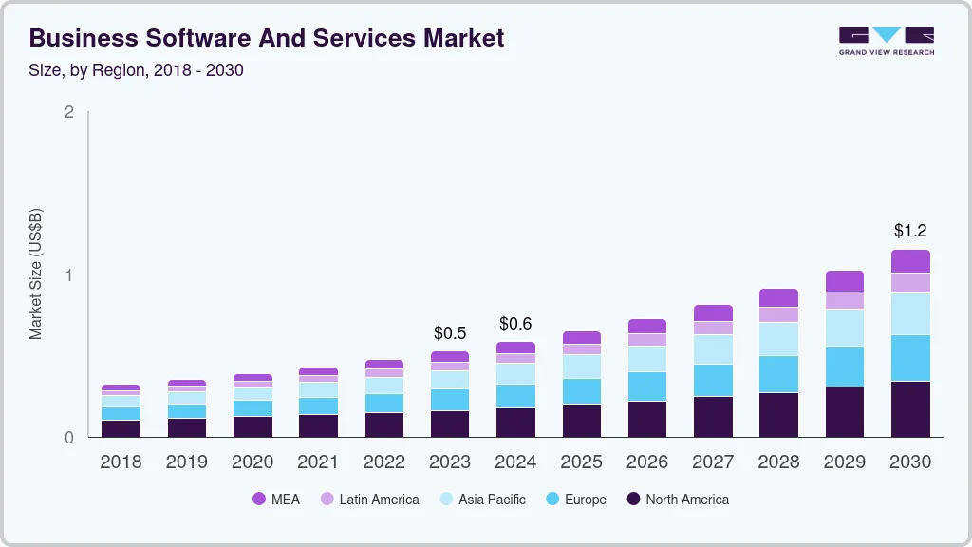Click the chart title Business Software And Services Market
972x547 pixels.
pos(267,38)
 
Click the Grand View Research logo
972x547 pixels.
pos(886,40)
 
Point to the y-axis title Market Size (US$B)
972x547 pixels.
pos(36,273)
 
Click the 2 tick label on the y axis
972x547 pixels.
pos(69,112)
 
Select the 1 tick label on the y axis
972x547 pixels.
pos(69,275)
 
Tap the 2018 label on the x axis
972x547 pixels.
pos(121,462)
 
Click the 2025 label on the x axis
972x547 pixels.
pos(581,462)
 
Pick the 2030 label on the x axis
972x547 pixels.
pos(910,462)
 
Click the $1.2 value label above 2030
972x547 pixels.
pos(910,231)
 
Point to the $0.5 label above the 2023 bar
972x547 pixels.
pos(450,333)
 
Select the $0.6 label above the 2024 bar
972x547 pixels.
pos(515,324)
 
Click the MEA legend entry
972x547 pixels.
pos(276,500)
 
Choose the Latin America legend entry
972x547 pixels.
pos(369,500)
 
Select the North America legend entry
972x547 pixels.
pos(678,500)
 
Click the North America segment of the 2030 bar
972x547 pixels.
pos(910,409)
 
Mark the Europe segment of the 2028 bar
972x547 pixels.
pos(778,374)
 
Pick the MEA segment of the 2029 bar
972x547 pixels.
pos(845,281)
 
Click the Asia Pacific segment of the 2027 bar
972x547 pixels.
pos(713,349)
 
